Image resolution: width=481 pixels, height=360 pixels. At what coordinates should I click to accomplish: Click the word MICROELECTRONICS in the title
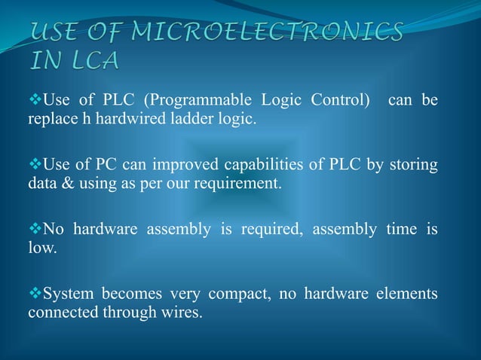(268, 32)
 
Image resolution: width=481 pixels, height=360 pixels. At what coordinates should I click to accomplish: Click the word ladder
(174, 119)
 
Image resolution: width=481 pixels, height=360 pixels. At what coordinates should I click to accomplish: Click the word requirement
(238, 183)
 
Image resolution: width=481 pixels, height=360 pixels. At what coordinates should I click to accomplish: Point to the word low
(41, 248)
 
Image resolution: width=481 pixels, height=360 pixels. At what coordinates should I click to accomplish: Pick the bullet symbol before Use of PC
(34, 164)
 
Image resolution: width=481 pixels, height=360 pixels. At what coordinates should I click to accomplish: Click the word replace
(50, 119)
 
